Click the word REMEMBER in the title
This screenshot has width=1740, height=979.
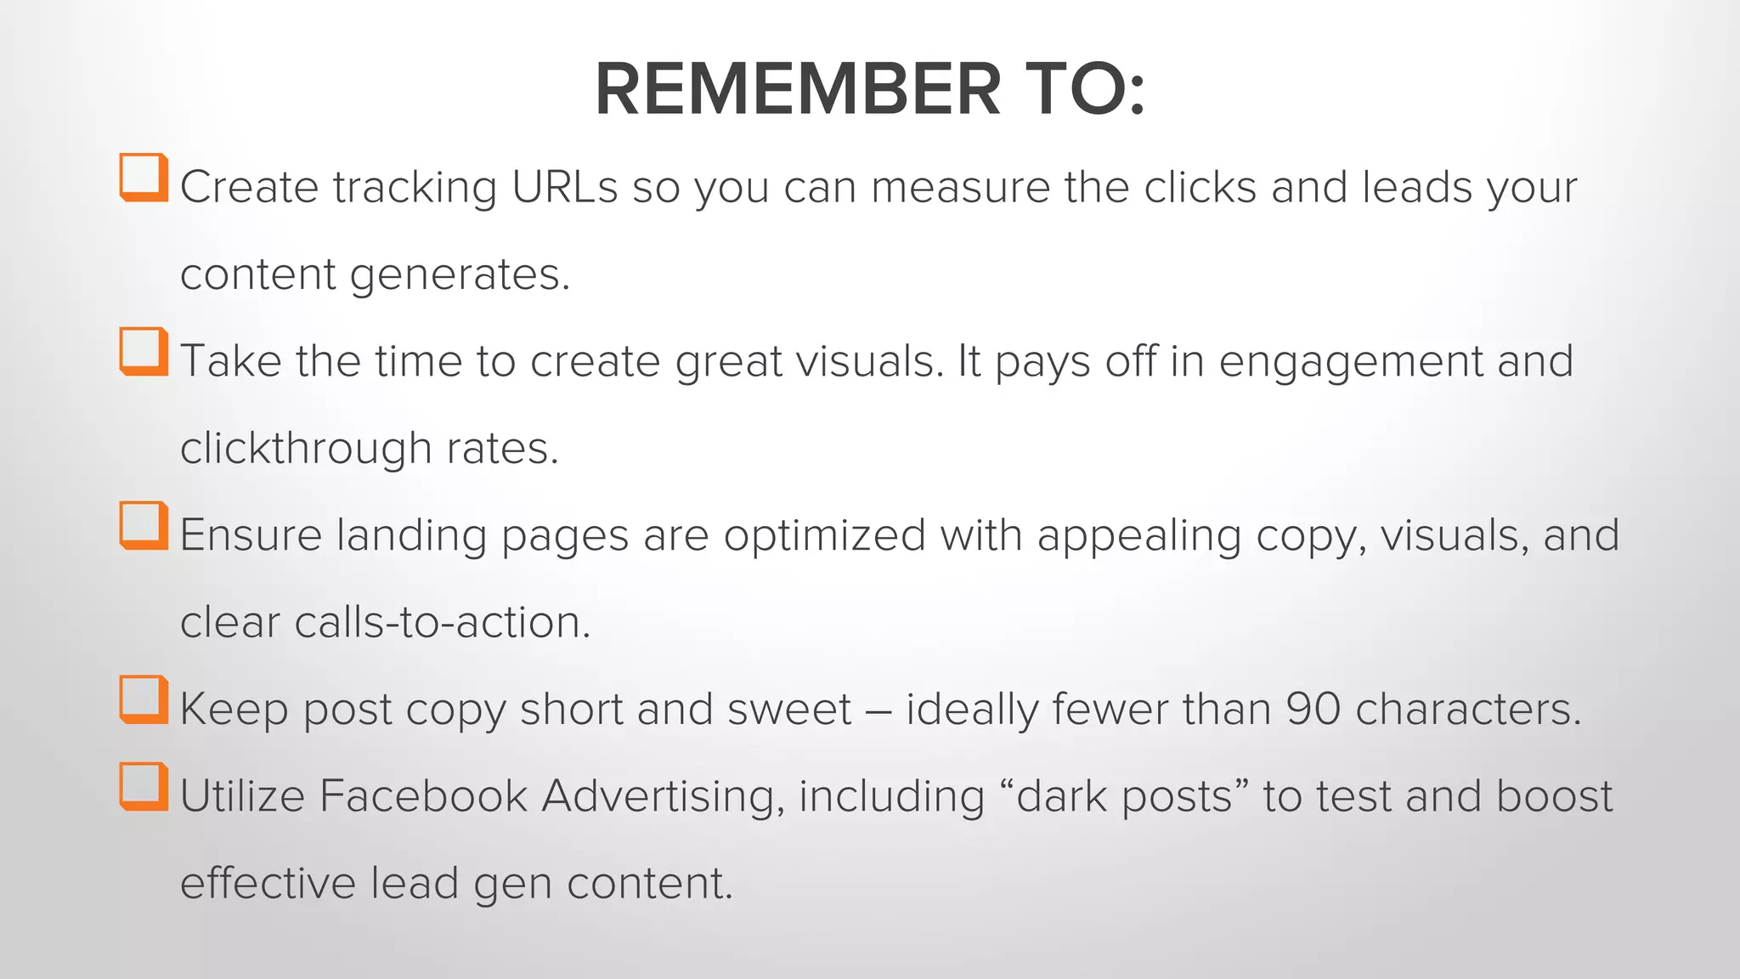pos(798,89)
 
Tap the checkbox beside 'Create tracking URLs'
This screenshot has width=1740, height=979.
pos(143,177)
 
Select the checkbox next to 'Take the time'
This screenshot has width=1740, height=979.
pos(143,351)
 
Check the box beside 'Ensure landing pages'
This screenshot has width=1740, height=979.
pos(143,525)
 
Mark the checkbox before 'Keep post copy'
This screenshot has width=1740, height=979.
pos(143,699)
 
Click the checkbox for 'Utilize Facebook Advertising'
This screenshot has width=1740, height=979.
pos(143,787)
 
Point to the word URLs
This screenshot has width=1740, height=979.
pos(564,187)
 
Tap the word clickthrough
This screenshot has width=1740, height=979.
pos(306,448)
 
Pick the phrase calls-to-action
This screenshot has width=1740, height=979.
pos(442,622)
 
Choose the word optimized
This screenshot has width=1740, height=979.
pos(824,535)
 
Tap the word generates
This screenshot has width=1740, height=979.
pos(460,275)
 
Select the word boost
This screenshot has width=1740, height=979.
pos(1554,796)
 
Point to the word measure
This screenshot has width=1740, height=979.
pos(960,187)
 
